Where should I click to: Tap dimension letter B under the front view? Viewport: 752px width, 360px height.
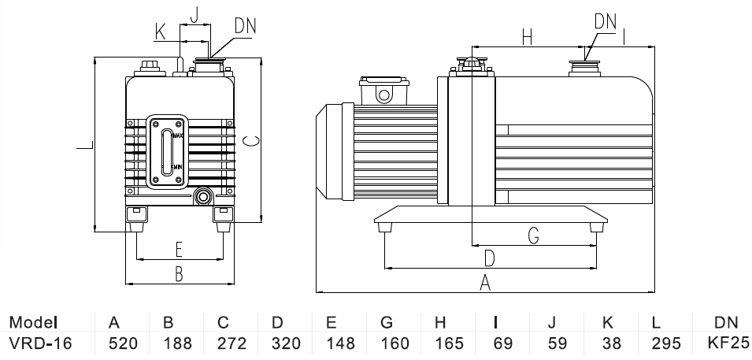180,273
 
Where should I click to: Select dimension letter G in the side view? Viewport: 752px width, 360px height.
533,234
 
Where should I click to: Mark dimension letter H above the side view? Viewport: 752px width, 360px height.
527,36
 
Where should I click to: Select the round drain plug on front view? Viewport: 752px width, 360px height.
203,196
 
